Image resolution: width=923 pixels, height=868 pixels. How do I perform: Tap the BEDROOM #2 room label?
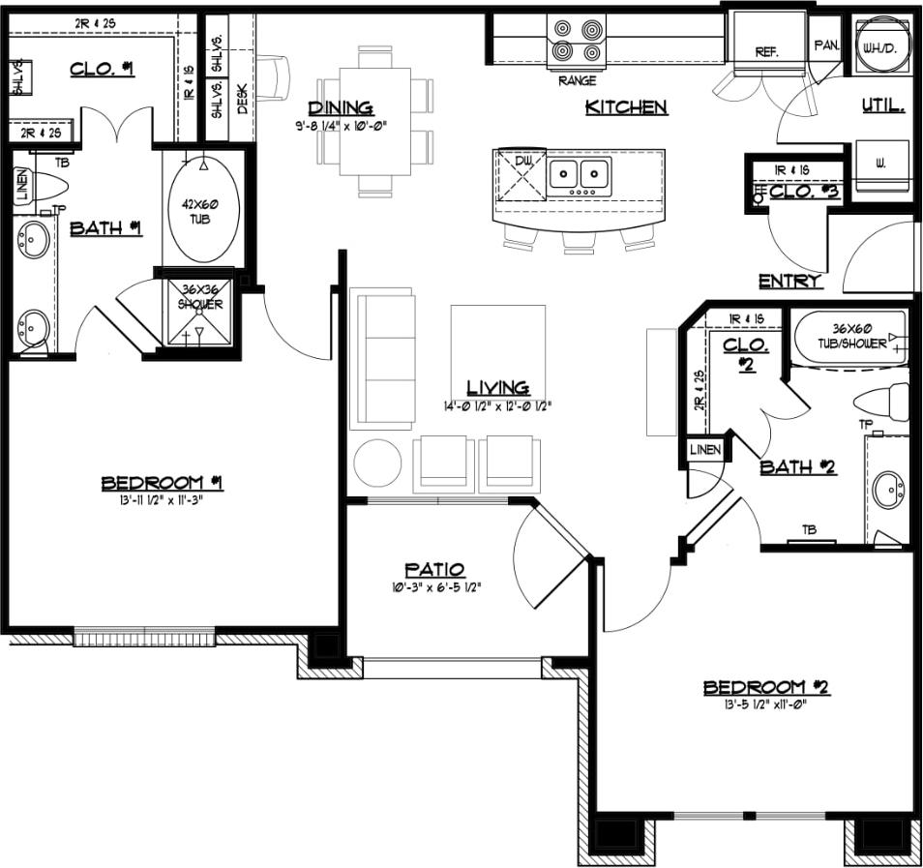(x=766, y=687)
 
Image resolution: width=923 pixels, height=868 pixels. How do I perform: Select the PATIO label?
(x=434, y=570)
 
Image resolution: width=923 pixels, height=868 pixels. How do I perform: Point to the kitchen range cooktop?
(x=577, y=42)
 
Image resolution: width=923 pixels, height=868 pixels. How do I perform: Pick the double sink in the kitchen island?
(x=579, y=175)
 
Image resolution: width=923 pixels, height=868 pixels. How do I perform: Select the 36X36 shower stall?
(x=199, y=312)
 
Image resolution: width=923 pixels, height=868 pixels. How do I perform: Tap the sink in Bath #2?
(x=887, y=491)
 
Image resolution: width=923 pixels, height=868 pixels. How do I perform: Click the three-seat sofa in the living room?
(x=386, y=358)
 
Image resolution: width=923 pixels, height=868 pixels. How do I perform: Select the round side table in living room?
(x=377, y=464)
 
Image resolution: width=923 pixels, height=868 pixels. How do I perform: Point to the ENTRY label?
(x=789, y=282)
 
